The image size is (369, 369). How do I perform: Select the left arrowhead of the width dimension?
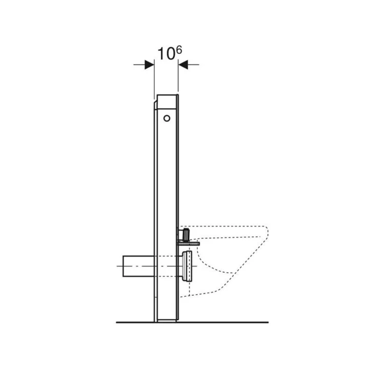149,65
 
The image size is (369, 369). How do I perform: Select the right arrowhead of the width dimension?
183,65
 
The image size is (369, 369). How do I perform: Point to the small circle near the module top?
166,118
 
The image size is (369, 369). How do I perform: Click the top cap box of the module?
167,102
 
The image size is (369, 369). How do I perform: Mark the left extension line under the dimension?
154,82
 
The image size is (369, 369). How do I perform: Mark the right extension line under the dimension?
178,82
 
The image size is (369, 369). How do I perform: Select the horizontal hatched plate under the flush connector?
189,244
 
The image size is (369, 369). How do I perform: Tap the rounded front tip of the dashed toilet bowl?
266,233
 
